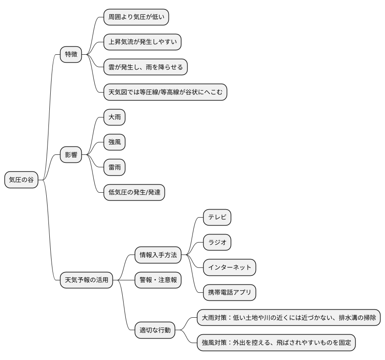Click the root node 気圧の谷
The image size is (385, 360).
tap(21, 180)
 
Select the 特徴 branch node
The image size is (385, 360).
tap(71, 54)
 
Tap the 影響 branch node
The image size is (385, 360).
tap(71, 155)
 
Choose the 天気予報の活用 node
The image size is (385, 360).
tap(86, 280)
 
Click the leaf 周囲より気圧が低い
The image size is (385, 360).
tap(136, 17)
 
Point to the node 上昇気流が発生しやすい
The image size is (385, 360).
tap(143, 42)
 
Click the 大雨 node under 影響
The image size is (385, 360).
tap(114, 117)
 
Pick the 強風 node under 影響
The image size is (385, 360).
tap(114, 142)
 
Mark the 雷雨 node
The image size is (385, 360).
tap(114, 167)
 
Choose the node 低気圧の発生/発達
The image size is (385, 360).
tap(134, 192)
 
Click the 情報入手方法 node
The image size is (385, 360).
tap(158, 255)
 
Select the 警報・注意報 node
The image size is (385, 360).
tap(158, 280)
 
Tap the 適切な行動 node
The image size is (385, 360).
tap(155, 330)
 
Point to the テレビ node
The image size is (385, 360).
tap(217, 217)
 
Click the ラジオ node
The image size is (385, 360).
tap(217, 243)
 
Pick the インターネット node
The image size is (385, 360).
tap(230, 267)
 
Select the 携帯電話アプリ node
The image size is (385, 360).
tap(230, 292)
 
